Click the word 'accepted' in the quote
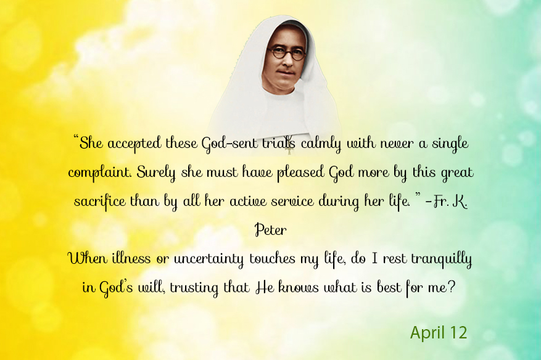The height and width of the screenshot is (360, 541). pyautogui.click(x=134, y=144)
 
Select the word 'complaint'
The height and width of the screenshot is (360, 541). pyautogui.click(x=100, y=173)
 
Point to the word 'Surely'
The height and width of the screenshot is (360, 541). pyautogui.click(x=156, y=173)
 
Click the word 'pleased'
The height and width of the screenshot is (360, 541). pyautogui.click(x=301, y=173)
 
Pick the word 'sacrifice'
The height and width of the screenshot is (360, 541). pyautogui.click(x=100, y=202)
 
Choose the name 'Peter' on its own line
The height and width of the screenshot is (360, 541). pyautogui.click(x=270, y=230)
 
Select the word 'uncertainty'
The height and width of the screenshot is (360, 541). pyautogui.click(x=209, y=259)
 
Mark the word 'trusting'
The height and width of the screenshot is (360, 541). pyautogui.click(x=194, y=288)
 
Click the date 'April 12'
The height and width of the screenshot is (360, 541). pyautogui.click(x=439, y=333)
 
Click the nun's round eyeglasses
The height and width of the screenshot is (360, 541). pyautogui.click(x=287, y=54)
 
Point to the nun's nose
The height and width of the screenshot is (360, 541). pyautogui.click(x=286, y=61)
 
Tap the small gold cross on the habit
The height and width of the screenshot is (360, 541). pyautogui.click(x=289, y=149)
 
